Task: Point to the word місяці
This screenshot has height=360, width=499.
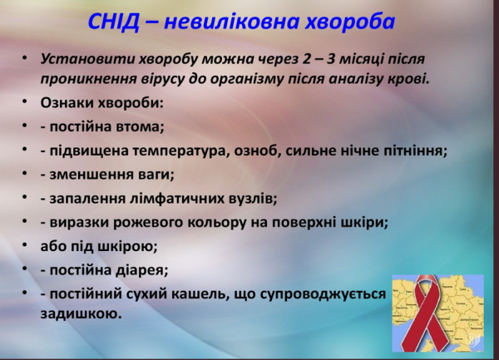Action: click(x=357, y=60)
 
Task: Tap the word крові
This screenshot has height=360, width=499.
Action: click(x=412, y=80)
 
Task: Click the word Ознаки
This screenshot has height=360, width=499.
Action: click(x=64, y=104)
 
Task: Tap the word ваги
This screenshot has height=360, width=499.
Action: click(x=155, y=175)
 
